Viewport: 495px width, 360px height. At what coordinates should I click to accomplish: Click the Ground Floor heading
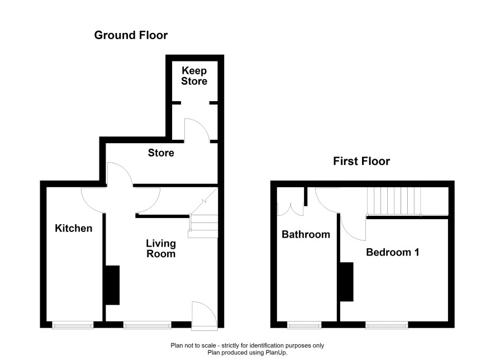(131, 35)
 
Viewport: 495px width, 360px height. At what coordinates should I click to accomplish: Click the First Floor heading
(361, 162)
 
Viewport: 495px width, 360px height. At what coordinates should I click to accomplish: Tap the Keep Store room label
(194, 76)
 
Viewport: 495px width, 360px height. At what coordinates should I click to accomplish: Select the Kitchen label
(74, 228)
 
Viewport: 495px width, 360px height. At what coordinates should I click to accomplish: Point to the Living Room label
(161, 249)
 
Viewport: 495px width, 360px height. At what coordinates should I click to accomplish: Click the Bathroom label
(306, 234)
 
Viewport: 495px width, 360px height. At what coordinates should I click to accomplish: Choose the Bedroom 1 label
(392, 252)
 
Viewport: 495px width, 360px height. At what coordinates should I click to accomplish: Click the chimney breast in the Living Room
(112, 285)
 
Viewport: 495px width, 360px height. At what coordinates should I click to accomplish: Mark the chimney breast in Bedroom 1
(346, 282)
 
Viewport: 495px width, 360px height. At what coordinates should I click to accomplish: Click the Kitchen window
(73, 325)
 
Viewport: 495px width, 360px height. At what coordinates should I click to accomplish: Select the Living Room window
(147, 325)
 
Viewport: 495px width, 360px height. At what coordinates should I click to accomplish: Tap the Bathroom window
(304, 325)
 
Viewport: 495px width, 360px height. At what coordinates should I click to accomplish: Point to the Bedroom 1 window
(387, 325)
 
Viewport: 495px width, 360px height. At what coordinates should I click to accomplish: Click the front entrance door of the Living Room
(204, 316)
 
